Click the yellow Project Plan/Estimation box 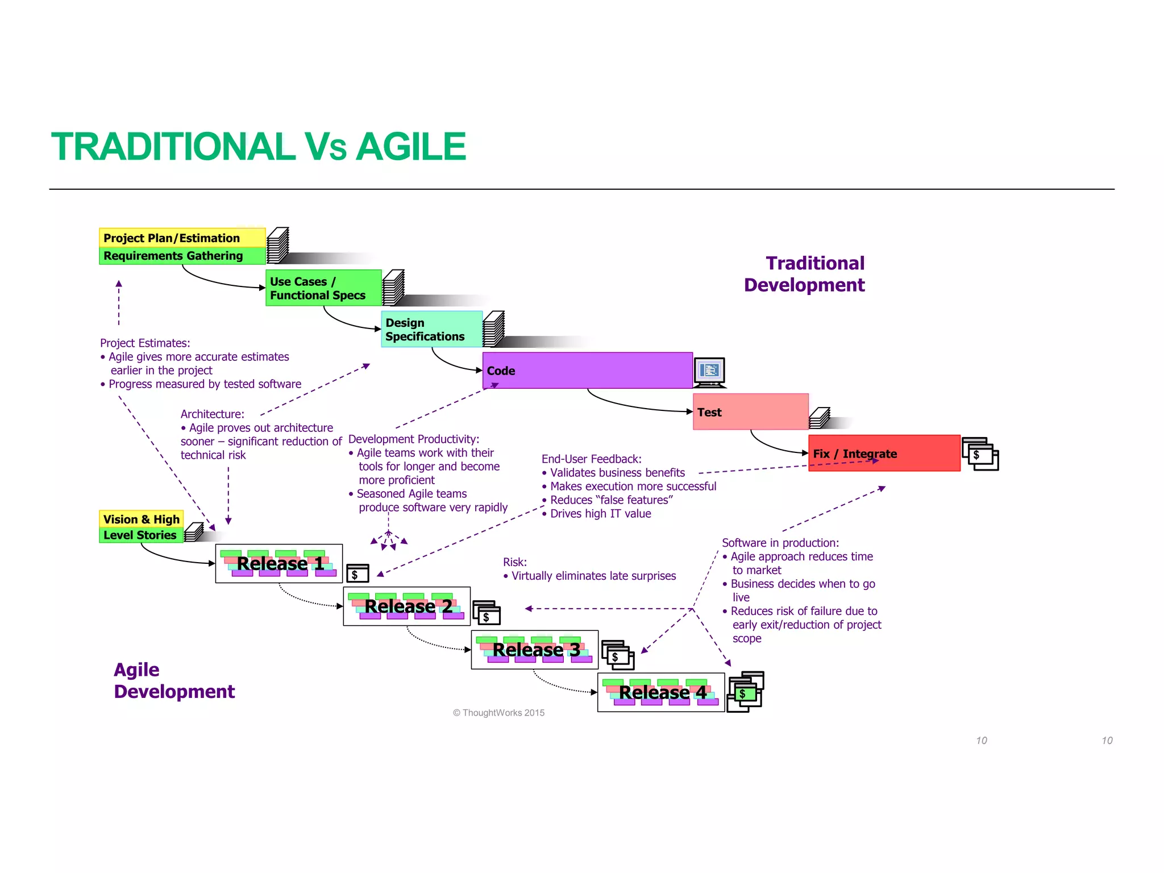pyautogui.click(x=182, y=238)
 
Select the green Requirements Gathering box pyautogui.click(x=182, y=256)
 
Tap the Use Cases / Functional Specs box pyautogui.click(x=323, y=288)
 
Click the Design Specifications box pyautogui.click(x=431, y=329)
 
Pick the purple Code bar pyautogui.click(x=587, y=370)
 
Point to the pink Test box pyautogui.click(x=750, y=411)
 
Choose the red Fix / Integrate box pyautogui.click(x=884, y=453)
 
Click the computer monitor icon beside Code pyautogui.click(x=709, y=372)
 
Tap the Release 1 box pyautogui.click(x=279, y=563)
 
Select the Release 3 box pyautogui.click(x=534, y=649)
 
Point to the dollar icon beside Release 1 pyautogui.click(x=357, y=573)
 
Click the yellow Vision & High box pyautogui.click(x=141, y=519)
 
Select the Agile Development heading pyautogui.click(x=173, y=680)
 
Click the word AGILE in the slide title pyautogui.click(x=410, y=147)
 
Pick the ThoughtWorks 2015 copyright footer pyautogui.click(x=498, y=713)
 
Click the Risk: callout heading pyautogui.click(x=515, y=562)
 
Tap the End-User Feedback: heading pyautogui.click(x=591, y=459)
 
